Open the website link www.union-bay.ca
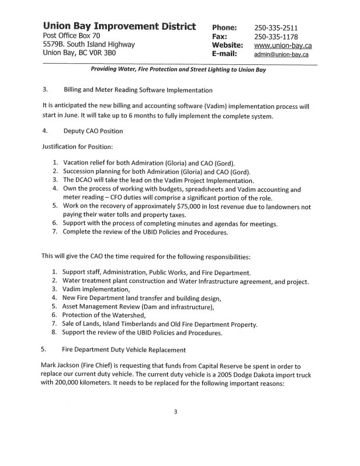tap(282, 45)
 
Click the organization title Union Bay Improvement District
tap(119, 27)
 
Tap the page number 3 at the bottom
tap(175, 412)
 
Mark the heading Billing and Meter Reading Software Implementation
tap(138, 90)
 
